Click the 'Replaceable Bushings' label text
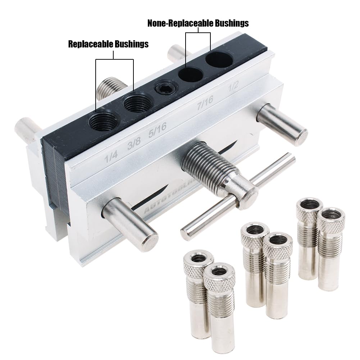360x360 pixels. (108, 44)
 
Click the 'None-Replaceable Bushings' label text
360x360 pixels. (198, 23)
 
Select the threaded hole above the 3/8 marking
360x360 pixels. (137, 104)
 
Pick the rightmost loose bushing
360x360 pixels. (330, 248)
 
